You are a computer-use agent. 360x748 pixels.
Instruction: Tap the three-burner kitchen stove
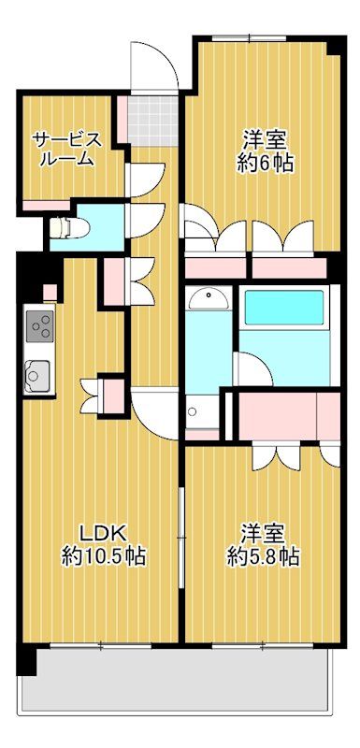tap(40, 326)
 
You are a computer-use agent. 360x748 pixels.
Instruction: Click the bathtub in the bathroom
tap(282, 308)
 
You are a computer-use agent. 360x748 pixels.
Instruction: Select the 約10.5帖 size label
tap(102, 557)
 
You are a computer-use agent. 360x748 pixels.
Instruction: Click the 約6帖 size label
tap(266, 163)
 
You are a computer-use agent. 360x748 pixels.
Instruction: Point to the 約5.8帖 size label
tap(263, 557)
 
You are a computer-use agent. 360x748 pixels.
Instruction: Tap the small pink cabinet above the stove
tap(49, 293)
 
